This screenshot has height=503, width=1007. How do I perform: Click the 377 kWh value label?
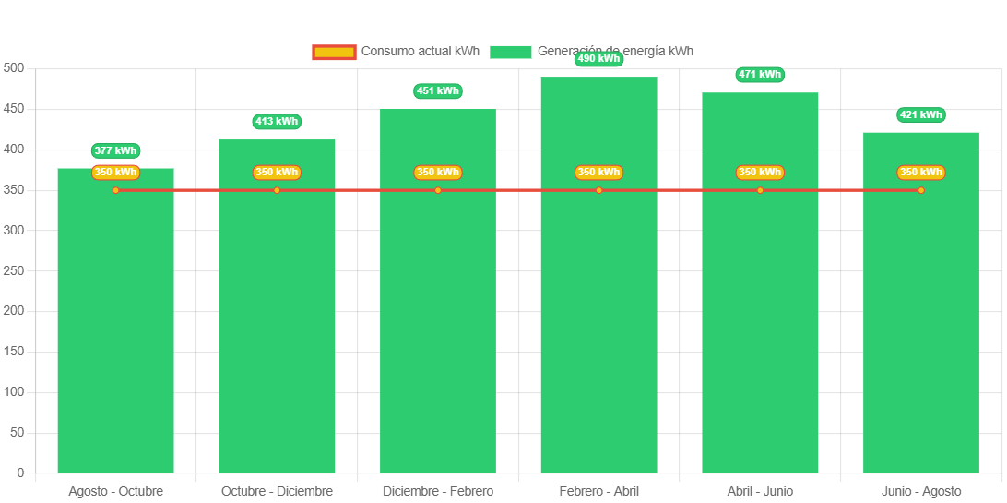pos(115,150)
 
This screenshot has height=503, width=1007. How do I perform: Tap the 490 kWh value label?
pos(598,59)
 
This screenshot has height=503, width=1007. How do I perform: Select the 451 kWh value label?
pos(437,91)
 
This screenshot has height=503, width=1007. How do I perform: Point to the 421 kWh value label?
pos(920,115)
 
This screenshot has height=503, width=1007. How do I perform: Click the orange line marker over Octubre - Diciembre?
pos(277,190)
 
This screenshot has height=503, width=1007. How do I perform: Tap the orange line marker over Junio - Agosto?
pos(920,190)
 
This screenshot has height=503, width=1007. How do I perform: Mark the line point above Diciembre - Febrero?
pos(437,190)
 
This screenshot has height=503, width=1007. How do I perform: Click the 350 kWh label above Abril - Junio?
pos(760,173)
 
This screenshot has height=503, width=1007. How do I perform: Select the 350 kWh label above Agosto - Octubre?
pos(115,173)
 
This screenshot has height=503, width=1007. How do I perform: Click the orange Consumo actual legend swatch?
pos(333,52)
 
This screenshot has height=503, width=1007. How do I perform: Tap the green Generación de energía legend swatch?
pos(510,52)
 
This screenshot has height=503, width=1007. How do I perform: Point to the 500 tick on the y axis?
pos(14,68)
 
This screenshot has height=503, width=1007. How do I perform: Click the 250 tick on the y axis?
pos(14,270)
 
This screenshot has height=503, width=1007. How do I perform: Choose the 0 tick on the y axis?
pos(19,473)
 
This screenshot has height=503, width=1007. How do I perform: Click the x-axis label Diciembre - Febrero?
pos(437,491)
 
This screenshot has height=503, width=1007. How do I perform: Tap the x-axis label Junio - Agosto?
pos(920,491)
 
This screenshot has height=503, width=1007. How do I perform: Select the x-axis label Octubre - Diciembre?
pos(277,491)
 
